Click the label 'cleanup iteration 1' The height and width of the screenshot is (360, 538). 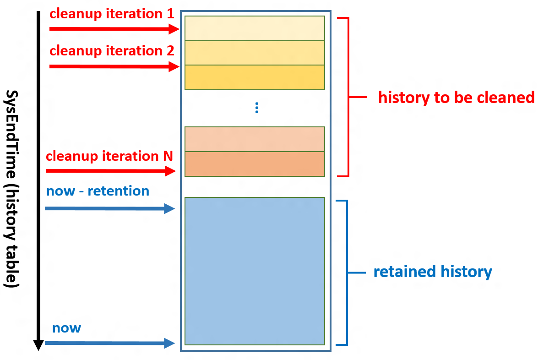coord(112,14)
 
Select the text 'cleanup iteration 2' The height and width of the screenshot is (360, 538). coord(112,51)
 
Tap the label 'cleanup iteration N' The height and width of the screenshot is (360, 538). coord(109,156)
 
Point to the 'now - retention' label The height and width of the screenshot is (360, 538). coord(98,191)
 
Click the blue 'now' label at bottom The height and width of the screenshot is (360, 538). coord(66,328)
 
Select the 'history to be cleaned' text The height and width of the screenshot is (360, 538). coord(456,98)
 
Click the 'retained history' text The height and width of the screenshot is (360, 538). coord(433,272)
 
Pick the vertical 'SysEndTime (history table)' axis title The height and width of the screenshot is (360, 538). coord(13,188)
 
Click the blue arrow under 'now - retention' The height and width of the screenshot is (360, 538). coord(110,209)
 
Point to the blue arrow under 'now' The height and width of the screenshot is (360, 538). coord(110,343)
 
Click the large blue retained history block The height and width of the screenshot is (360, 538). coord(255,271)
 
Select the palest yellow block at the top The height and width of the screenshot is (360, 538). coord(255,28)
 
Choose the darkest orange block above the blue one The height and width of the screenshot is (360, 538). coord(255,164)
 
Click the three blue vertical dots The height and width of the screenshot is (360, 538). coord(257,108)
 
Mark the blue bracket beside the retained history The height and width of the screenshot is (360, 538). coord(347,273)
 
